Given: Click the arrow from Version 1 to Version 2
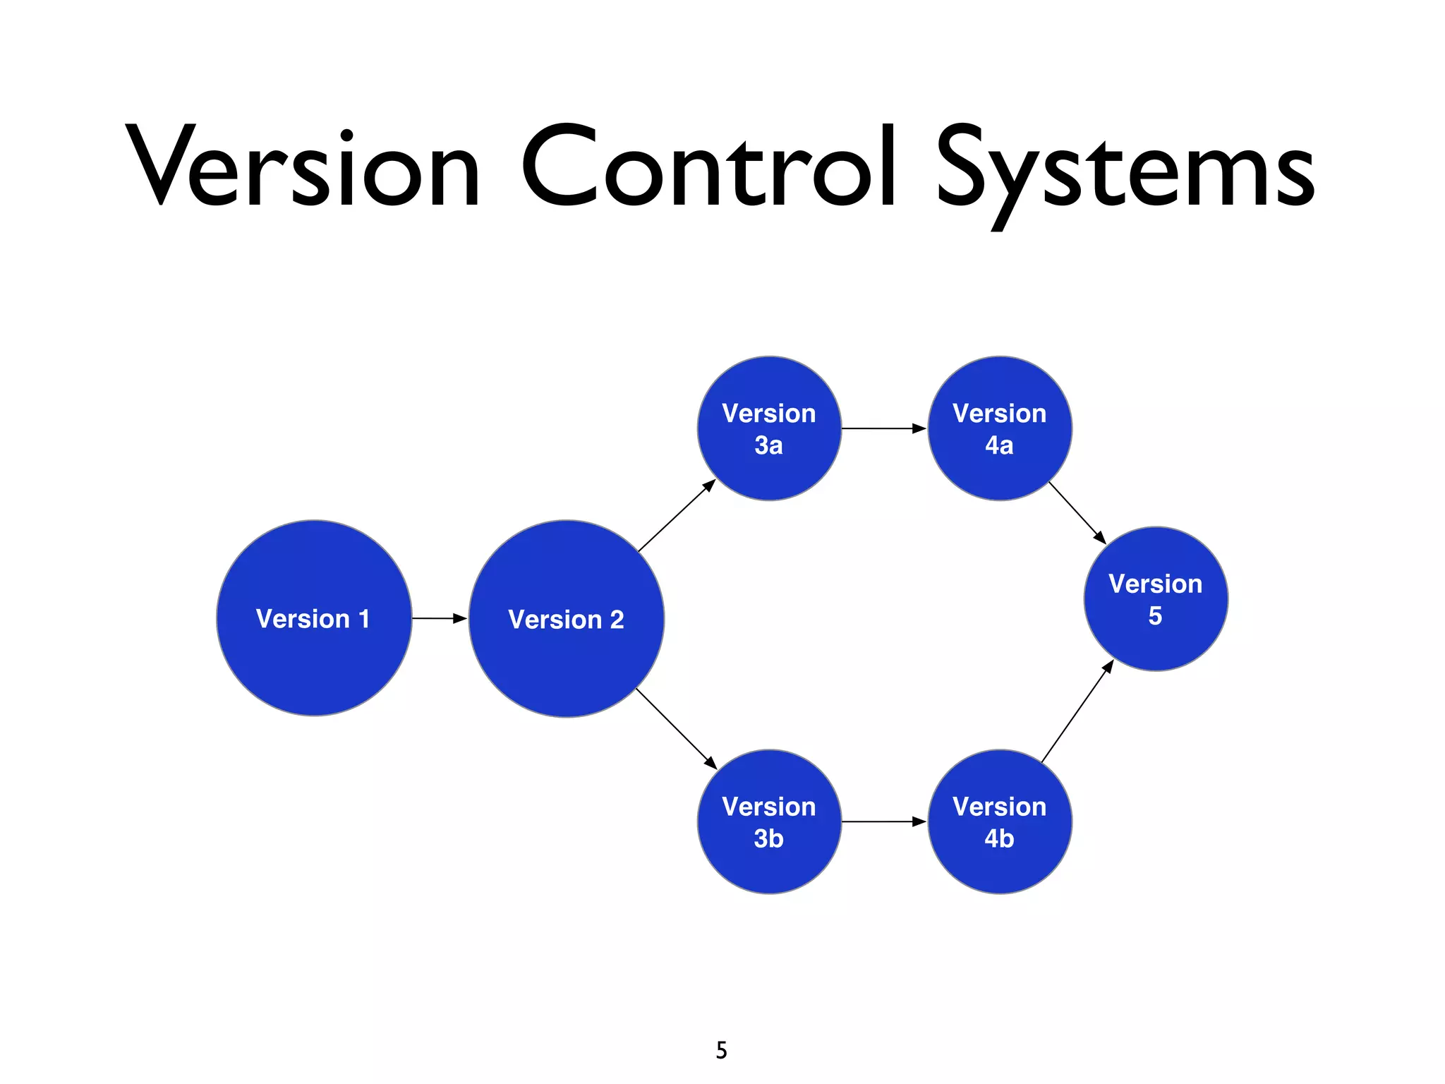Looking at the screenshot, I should coord(439,618).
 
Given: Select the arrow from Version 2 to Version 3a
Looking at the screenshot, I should coord(676,516).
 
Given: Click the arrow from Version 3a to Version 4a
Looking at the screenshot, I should coord(883,428).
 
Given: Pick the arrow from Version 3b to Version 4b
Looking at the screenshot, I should coord(883,821).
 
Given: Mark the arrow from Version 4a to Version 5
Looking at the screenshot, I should coord(1077,512).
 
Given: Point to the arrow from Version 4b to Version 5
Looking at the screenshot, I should coord(1077,712).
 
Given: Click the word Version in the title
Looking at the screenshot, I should coord(303,168).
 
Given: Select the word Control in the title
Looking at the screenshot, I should coord(709,168).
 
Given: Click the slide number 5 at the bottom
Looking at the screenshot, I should coord(721,1050).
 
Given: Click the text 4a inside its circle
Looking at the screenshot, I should coord(999,445).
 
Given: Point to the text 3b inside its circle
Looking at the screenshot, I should coord(768,838).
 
